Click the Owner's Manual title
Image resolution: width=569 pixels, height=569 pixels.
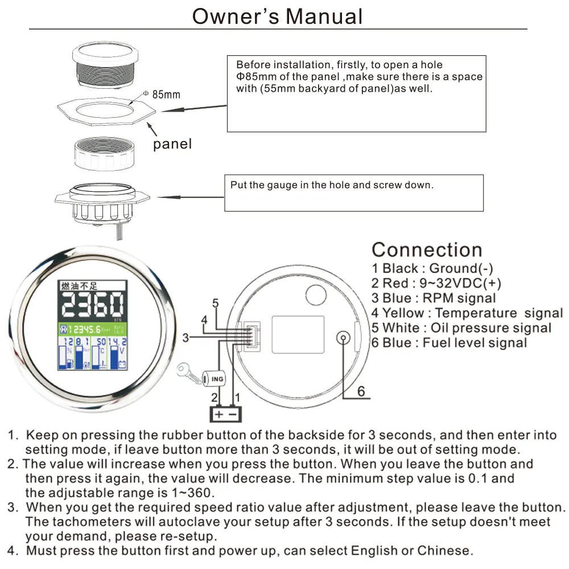(278, 16)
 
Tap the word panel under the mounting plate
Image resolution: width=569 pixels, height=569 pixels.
(172, 144)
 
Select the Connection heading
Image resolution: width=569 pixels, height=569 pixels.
(427, 250)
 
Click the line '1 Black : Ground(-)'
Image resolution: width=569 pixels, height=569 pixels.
(432, 268)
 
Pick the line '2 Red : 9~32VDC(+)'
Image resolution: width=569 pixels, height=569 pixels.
(436, 283)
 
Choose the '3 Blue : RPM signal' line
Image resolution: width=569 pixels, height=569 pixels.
(434, 298)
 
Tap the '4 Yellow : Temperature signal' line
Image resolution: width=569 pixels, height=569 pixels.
(467, 312)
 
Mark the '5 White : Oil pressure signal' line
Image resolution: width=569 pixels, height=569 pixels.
(461, 328)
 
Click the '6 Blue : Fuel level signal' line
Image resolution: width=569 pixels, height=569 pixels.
(449, 343)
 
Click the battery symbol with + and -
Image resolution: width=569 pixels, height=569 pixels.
(226, 414)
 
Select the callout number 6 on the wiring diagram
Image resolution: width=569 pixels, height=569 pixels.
(361, 392)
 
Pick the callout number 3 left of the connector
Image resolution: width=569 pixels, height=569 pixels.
(185, 338)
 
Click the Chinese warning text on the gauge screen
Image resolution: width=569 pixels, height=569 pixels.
(76, 285)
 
